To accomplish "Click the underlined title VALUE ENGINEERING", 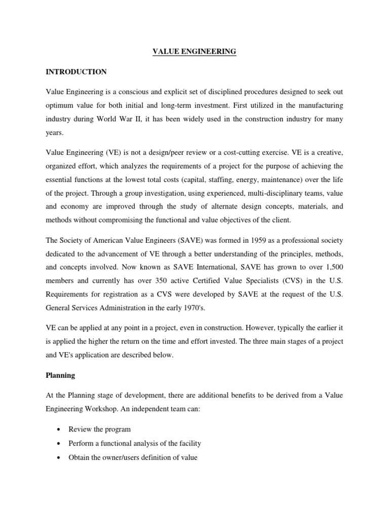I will click(x=194, y=52).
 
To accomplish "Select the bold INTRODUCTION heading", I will click(x=76, y=72).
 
